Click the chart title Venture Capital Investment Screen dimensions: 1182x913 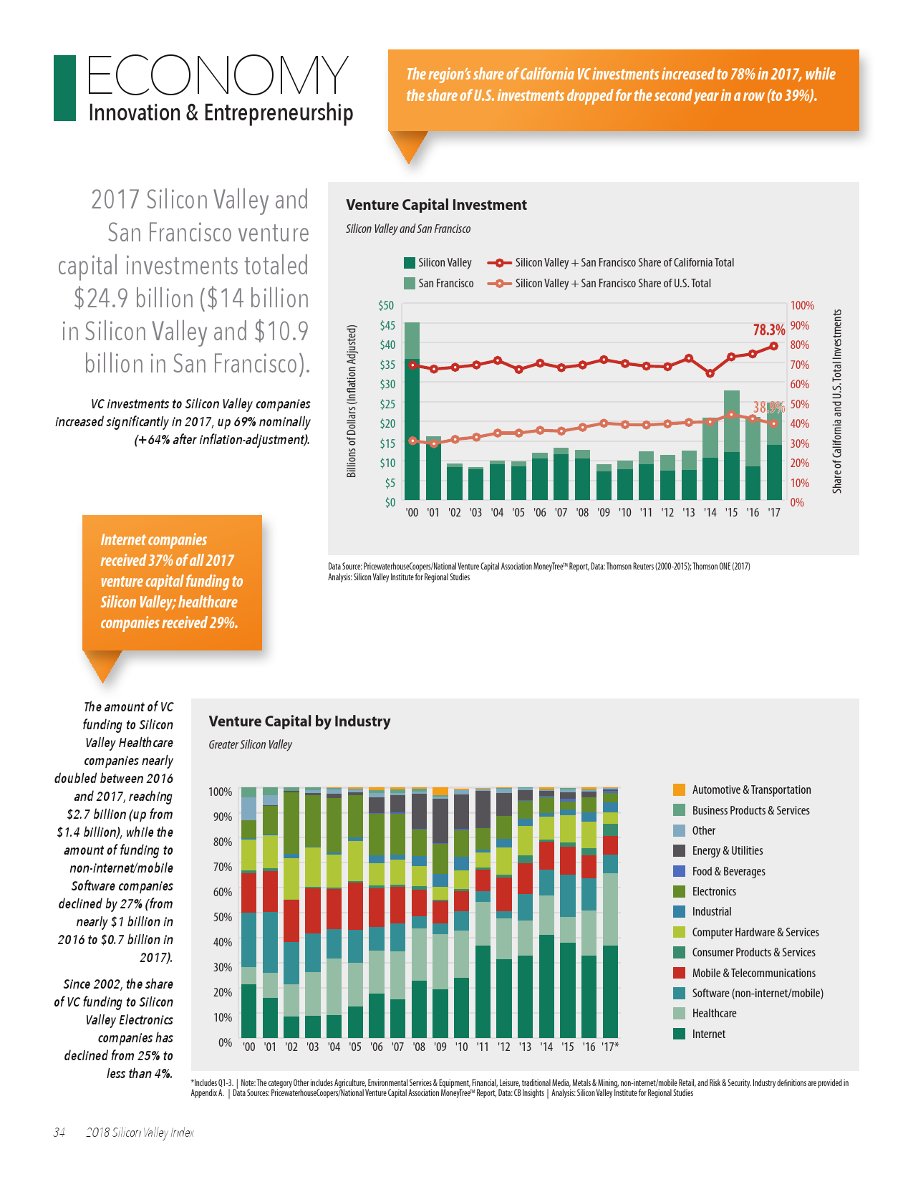436,205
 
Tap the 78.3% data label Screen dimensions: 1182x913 768,330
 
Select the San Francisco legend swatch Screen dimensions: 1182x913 410,283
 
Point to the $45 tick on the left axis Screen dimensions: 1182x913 387,325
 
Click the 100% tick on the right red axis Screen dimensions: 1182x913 802,306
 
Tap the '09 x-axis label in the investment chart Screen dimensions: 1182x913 604,513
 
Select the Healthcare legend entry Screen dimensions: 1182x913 713,1013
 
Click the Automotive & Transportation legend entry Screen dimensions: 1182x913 751,789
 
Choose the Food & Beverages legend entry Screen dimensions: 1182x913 728,871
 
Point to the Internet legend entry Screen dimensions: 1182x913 708,1034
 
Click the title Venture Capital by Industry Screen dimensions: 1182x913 299,721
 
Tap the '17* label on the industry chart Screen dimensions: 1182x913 610,1047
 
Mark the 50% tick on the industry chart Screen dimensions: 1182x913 221,917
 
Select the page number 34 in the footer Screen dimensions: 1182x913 59,1133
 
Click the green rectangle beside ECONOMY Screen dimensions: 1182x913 64,88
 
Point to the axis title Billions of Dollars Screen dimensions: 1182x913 351,401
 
